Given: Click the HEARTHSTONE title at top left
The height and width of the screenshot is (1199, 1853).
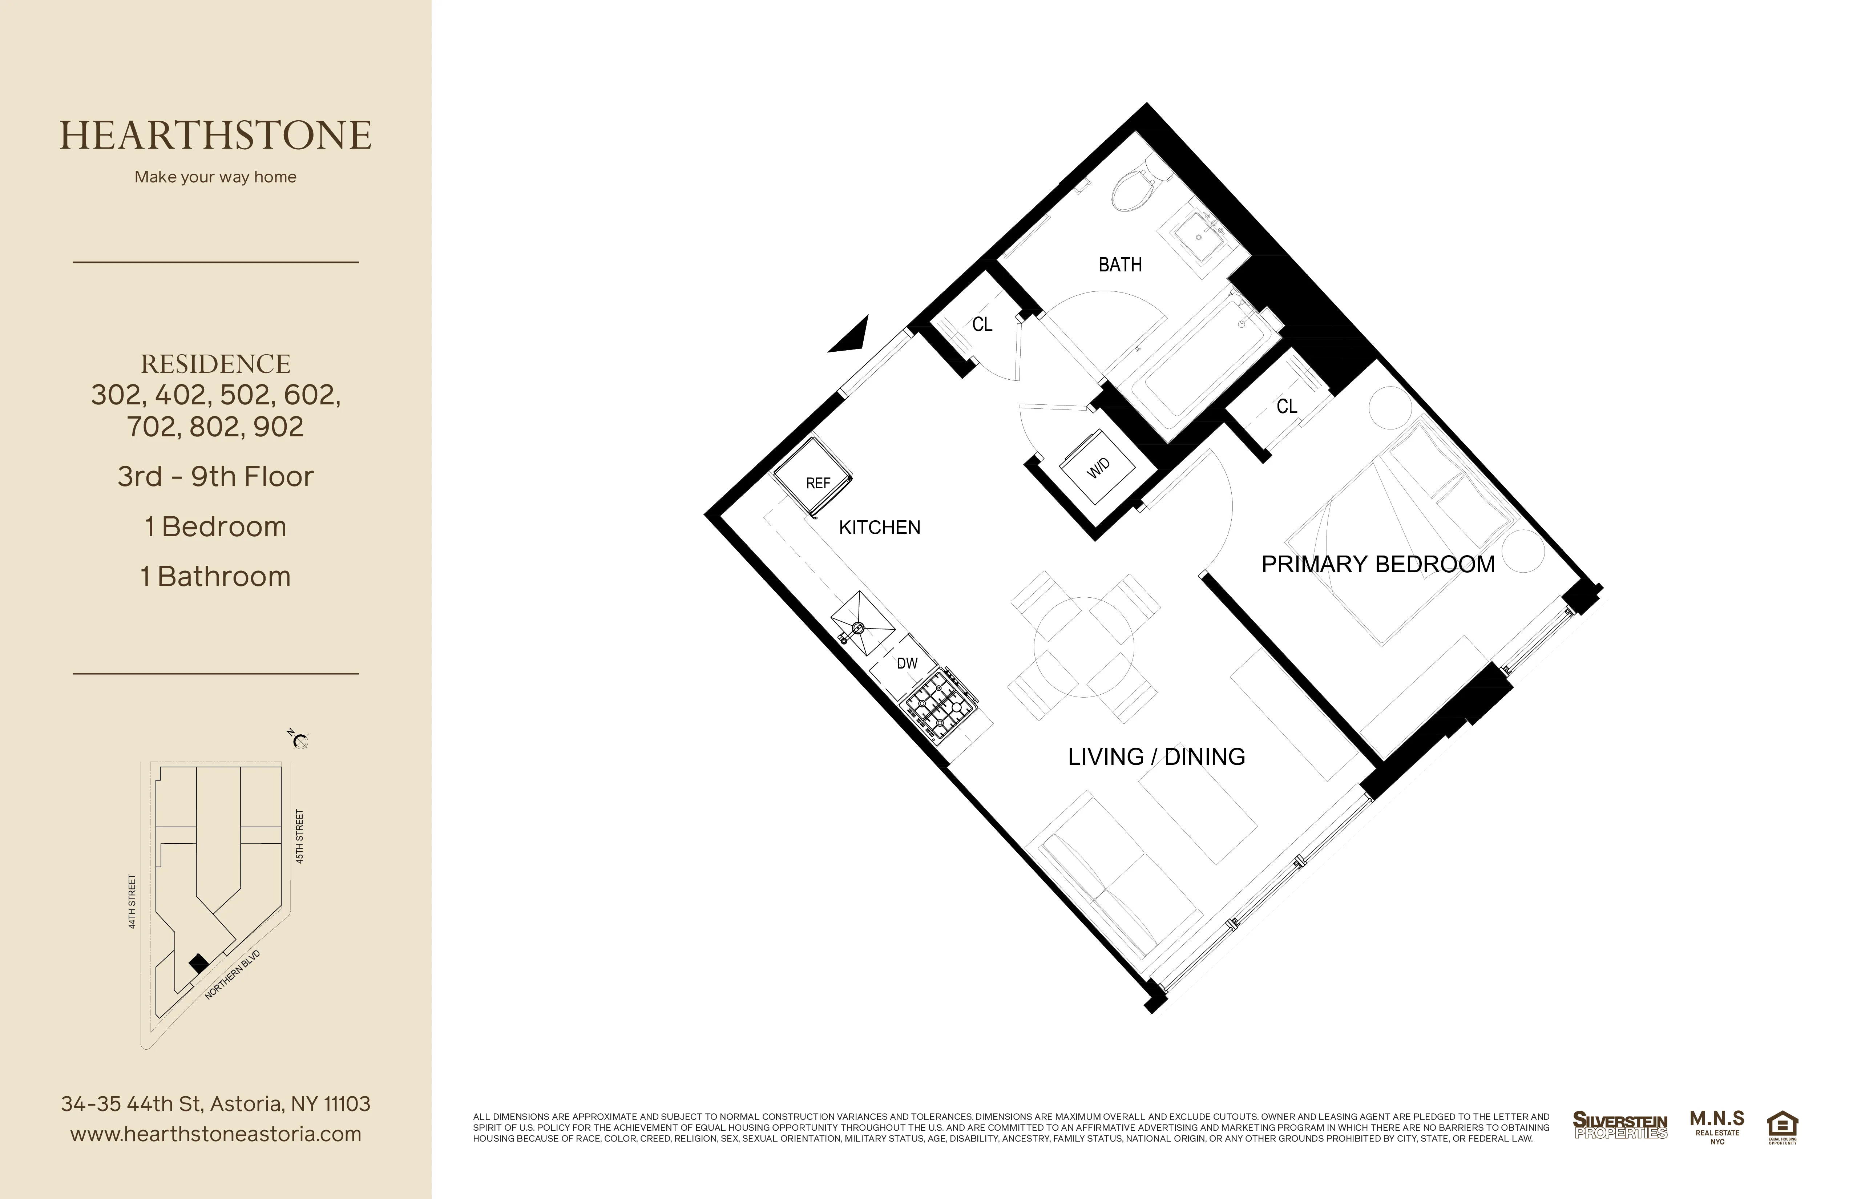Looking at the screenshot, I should click(x=216, y=136).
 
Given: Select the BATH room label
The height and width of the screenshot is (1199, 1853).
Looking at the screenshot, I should click(x=1119, y=265).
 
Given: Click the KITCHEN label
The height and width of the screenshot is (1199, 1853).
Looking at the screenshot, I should click(x=879, y=527).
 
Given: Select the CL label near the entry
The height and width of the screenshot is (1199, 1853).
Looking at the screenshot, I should click(x=982, y=325).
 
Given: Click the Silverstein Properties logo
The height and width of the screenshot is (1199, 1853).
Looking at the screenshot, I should click(x=1620, y=1125).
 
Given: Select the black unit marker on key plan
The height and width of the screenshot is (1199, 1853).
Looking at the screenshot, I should click(x=198, y=963).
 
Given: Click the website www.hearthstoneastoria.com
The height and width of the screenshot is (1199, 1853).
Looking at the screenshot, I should click(x=216, y=1134).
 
